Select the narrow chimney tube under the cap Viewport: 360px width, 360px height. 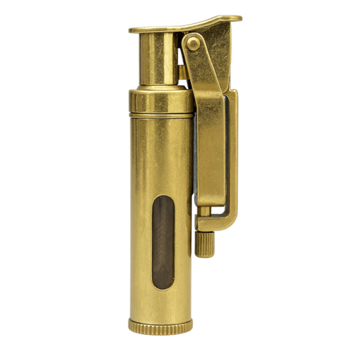(x=157, y=61)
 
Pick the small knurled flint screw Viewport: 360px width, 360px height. (x=204, y=243)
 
